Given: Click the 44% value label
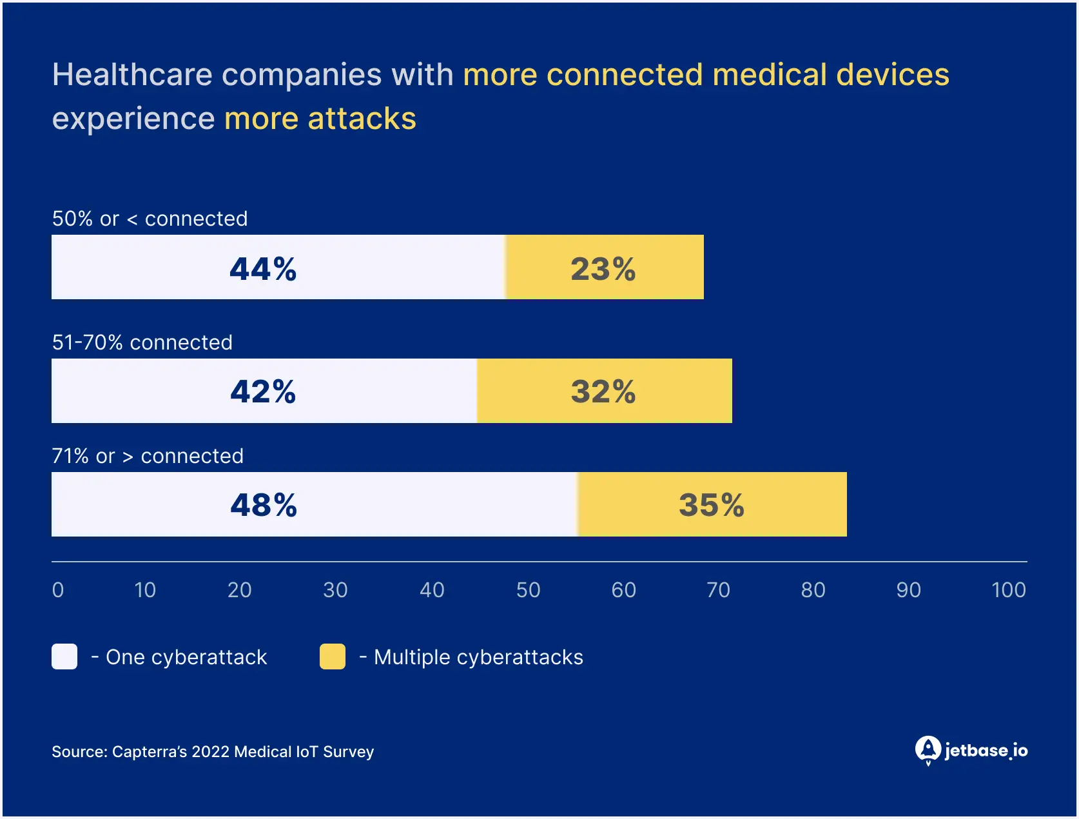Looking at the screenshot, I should tap(263, 269).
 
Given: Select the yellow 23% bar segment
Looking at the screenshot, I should tap(605, 267).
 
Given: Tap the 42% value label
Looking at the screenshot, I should tap(263, 391).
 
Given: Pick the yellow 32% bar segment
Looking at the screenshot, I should tap(604, 391).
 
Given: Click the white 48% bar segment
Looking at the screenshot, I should tap(315, 504).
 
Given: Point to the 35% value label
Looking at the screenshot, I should tap(712, 505).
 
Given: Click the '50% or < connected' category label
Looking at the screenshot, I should tap(150, 219).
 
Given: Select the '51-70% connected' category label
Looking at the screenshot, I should tap(142, 342).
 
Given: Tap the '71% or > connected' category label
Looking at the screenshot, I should tap(148, 456).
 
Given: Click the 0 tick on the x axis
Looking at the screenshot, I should tap(58, 590).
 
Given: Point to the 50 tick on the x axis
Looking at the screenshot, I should tap(528, 590).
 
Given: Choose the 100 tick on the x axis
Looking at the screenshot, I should tap(1008, 590).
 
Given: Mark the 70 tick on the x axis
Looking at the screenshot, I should tap(718, 590).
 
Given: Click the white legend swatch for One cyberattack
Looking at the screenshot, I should tap(64, 656).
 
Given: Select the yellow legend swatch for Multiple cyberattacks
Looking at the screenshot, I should tap(333, 656).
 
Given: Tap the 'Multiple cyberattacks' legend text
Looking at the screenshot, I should tap(478, 657).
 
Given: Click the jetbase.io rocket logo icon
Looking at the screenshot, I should tap(928, 750).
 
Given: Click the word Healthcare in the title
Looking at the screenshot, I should tap(132, 75).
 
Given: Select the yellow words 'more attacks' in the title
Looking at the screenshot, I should tap(320, 119).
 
